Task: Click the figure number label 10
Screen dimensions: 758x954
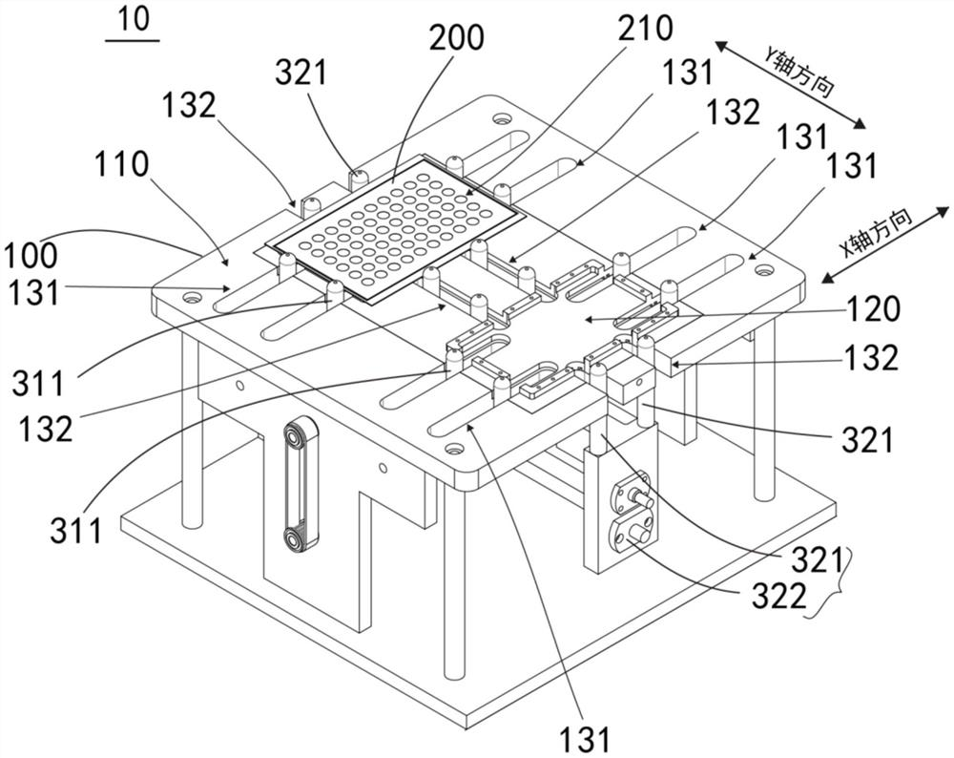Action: coord(133,21)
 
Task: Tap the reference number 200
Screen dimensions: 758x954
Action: coord(456,38)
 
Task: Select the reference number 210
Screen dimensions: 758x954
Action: coord(646,30)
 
